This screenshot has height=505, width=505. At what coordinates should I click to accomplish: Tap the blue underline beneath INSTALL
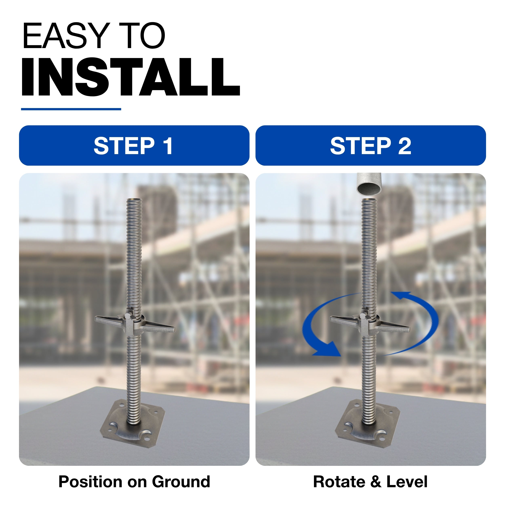(71, 109)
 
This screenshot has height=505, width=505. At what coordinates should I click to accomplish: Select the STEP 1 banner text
(133, 146)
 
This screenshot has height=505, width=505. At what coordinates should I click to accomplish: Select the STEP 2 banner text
(371, 146)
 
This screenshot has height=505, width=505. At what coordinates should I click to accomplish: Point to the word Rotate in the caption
(339, 482)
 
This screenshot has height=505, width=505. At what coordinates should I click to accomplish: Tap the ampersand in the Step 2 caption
(376, 482)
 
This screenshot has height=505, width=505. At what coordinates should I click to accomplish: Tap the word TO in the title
(142, 36)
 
